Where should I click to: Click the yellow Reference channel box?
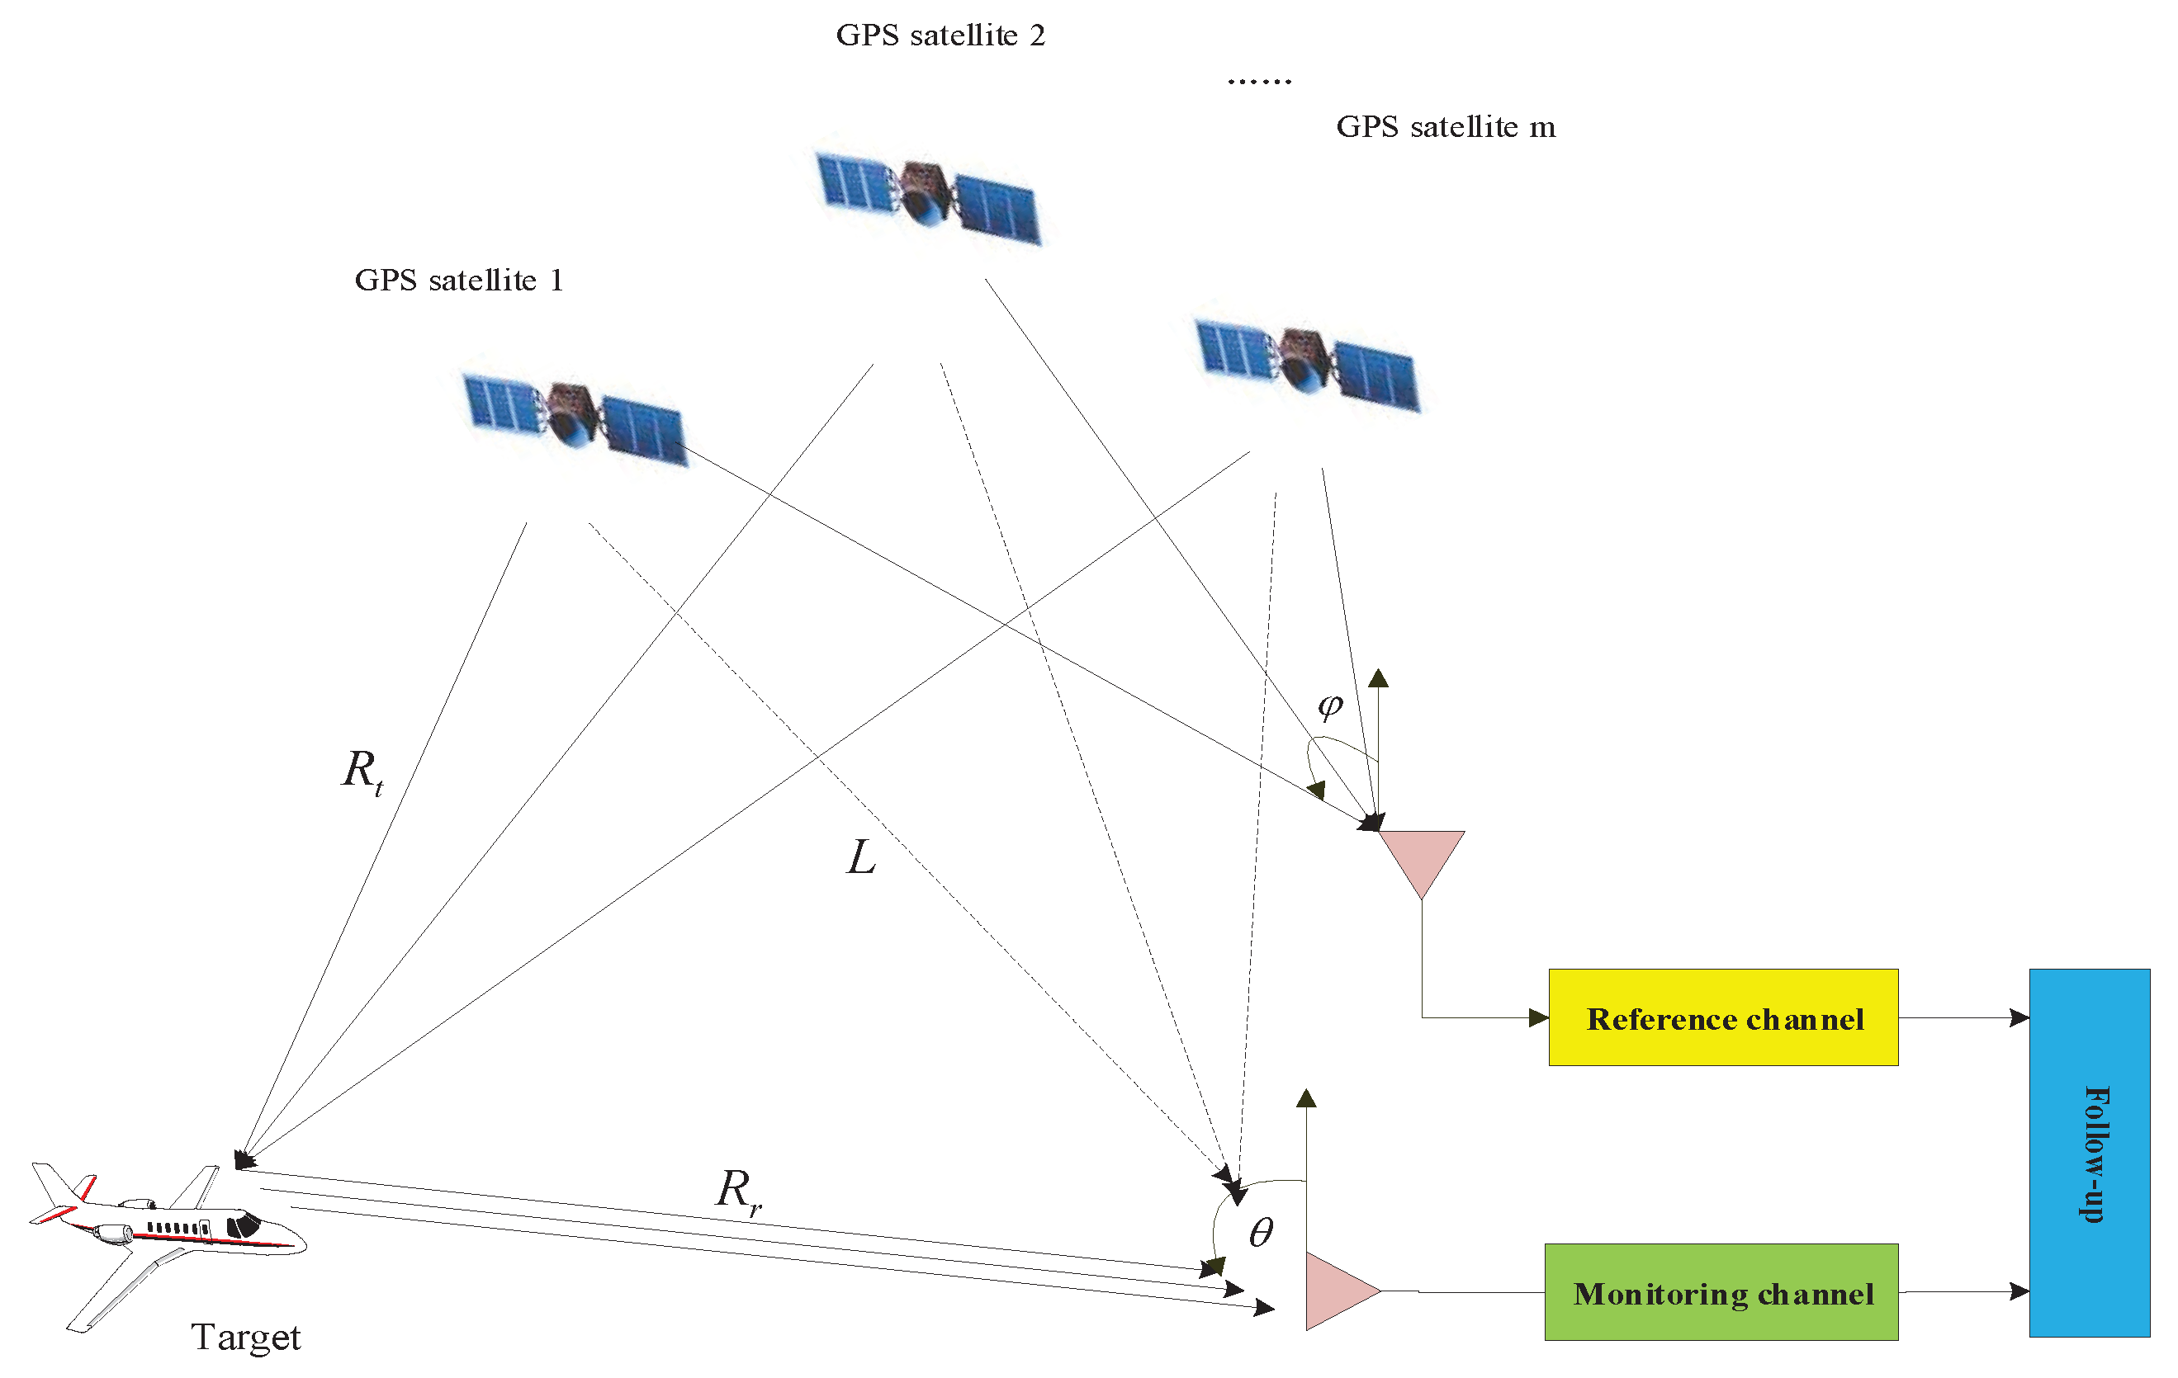click(1722, 1018)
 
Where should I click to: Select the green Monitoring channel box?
click(1721, 1292)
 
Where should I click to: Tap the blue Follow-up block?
click(2089, 1153)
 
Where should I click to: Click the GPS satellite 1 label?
click(458, 281)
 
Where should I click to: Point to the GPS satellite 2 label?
click(940, 35)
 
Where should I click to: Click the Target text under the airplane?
click(245, 1337)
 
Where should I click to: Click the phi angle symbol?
click(1329, 705)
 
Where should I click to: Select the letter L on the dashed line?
click(861, 857)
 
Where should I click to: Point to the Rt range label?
click(362, 772)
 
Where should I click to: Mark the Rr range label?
click(738, 1190)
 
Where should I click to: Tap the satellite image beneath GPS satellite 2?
click(928, 198)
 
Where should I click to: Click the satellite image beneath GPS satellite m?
click(1307, 365)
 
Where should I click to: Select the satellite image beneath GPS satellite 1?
click(575, 418)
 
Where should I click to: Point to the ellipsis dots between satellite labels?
click(1259, 82)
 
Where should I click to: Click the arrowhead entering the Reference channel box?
click(1538, 1018)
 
